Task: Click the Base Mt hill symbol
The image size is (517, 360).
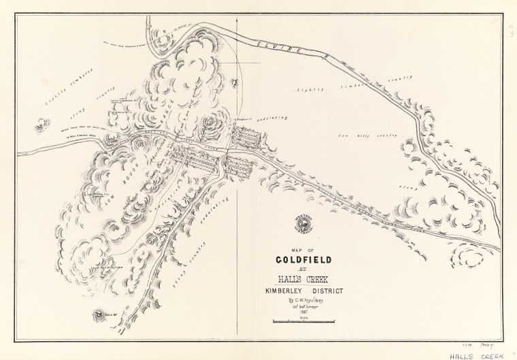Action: pyautogui.click(x=99, y=315)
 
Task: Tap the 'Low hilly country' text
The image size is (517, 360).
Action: pyautogui.click(x=358, y=135)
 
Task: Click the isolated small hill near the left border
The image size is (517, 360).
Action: pyautogui.click(x=43, y=124)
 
